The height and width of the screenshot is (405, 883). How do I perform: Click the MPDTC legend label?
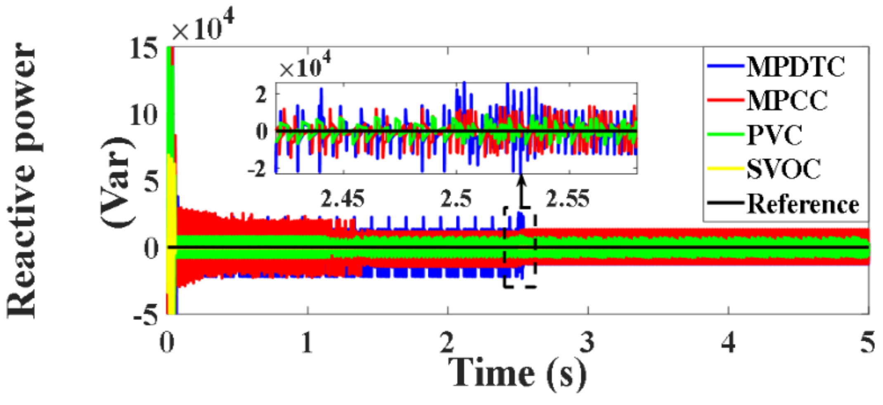point(796,67)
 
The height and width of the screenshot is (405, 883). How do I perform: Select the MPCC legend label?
point(787,100)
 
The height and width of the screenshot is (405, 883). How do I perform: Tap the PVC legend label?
point(774,135)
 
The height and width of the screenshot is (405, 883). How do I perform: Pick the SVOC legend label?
point(784,169)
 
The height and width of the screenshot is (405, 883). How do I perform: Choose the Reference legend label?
point(803,204)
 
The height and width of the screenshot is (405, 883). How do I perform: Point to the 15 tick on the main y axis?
point(144,49)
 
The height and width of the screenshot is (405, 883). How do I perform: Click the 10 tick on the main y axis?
point(144,115)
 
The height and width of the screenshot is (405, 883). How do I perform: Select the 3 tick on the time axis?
point(587,342)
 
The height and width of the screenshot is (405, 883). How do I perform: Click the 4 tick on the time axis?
point(728,342)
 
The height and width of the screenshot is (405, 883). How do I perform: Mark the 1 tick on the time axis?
point(307,342)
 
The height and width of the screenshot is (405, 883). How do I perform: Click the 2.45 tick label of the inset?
point(343,199)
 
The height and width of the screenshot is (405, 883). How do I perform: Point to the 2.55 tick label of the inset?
point(568,199)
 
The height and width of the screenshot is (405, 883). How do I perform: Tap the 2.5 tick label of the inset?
point(456,199)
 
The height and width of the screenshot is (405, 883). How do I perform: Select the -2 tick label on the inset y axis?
point(257,170)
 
